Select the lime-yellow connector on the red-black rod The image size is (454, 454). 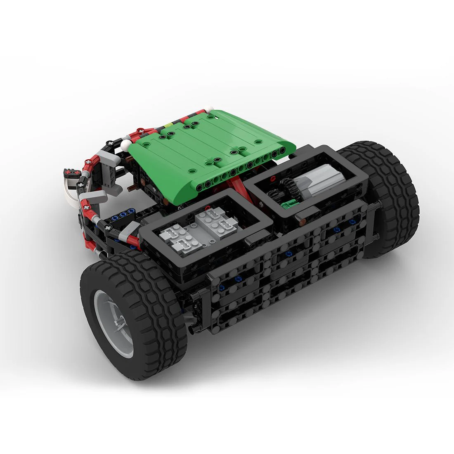[x=168, y=123]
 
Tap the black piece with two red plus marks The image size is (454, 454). [x=71, y=173]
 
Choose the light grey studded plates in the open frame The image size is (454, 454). [x=194, y=231]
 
